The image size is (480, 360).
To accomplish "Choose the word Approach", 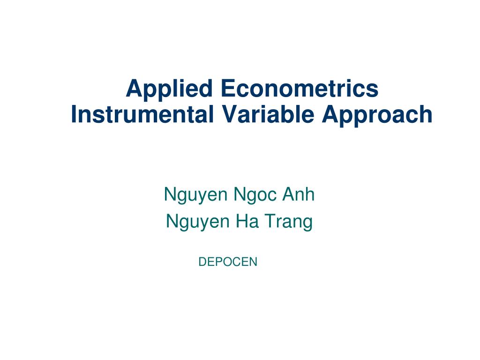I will click(x=377, y=115).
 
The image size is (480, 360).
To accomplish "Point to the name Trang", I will click(x=288, y=222).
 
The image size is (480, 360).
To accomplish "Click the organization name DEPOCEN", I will click(x=228, y=262).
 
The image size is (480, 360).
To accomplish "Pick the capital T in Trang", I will click(x=269, y=221).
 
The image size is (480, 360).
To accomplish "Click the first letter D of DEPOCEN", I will click(x=202, y=262).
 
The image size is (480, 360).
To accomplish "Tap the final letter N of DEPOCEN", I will click(x=254, y=262).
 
